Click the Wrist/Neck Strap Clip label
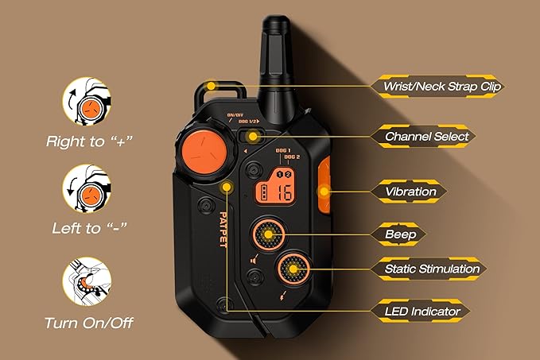tap(442, 86)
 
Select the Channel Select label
tap(427, 136)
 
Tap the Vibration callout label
tap(410, 192)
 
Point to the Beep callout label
tap(401, 234)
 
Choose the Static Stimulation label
tap(432, 269)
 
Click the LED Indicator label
tap(422, 312)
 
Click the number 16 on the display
tap(285, 192)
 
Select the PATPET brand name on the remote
tap(223, 229)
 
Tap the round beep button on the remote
tap(269, 234)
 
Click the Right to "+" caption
tap(89, 141)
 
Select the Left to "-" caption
tap(90, 228)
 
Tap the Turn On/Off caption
tap(89, 323)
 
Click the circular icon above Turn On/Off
tap(87, 281)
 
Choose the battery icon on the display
tap(264, 192)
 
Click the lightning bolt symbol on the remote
tap(283, 296)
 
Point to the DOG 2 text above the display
tap(292, 157)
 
